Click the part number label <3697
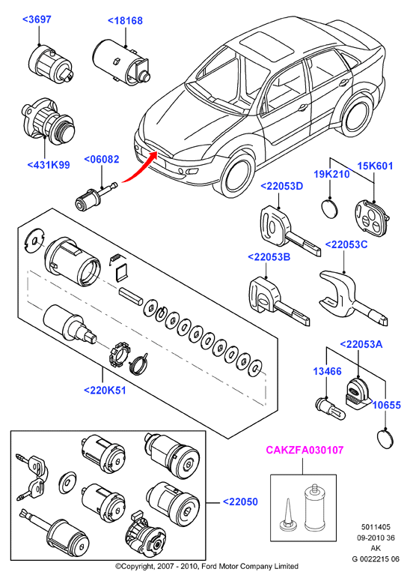37,19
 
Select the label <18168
125,21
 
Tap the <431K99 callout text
49,165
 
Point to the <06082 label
102,160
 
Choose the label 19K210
331,174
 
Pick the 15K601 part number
375,166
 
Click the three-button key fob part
372,217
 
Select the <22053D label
282,187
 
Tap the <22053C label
346,245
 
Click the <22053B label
269,257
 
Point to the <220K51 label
105,391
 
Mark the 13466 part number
327,371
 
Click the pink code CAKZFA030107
305,451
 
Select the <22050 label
240,502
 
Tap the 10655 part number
386,406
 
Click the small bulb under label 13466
330,409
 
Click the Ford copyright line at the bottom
206,567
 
